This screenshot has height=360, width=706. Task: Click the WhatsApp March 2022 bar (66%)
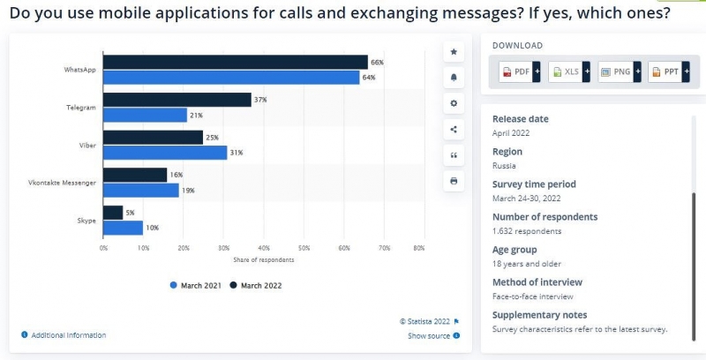236,62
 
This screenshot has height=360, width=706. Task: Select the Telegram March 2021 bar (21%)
146,115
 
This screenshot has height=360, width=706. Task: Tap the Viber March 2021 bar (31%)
165,153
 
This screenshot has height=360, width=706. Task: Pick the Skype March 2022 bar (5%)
113,213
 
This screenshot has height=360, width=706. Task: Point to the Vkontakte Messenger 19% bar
141,191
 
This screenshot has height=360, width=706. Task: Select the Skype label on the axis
86,220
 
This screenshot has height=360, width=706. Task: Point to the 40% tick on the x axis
264,248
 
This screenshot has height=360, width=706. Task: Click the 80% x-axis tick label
418,248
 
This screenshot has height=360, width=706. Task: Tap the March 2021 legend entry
195,285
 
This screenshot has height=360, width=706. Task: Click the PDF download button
519,71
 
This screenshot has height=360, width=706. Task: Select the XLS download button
569,71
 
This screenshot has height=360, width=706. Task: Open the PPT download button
669,71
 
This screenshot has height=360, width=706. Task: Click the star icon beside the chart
454,52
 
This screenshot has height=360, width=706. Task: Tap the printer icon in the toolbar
454,181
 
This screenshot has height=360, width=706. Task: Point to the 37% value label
260,100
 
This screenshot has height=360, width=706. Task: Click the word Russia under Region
505,165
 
